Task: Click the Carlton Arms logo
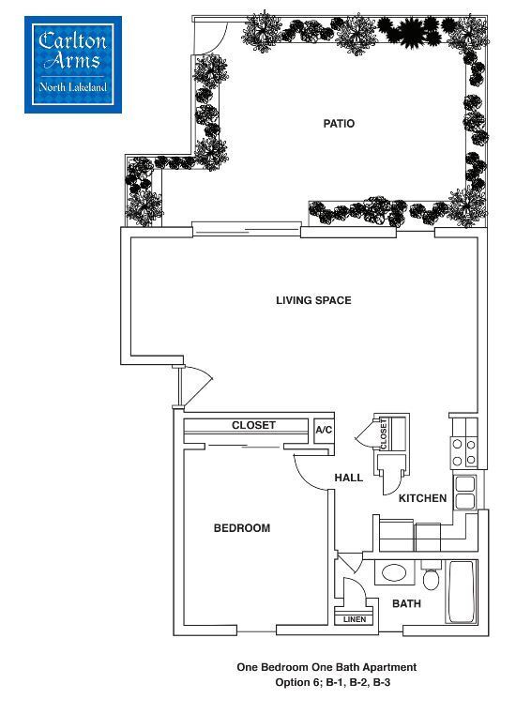[x=73, y=64]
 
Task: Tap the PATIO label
[x=339, y=124]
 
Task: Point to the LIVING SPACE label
[x=313, y=301]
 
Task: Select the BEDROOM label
[x=242, y=528]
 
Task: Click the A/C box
[x=324, y=430]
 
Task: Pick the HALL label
[x=349, y=479]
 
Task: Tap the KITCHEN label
[x=422, y=498]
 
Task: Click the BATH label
[x=406, y=603]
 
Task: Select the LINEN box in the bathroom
[x=354, y=619]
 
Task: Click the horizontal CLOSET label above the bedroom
[x=253, y=426]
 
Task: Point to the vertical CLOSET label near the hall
[x=384, y=433]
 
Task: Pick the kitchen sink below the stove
[x=463, y=493]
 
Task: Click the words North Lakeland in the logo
[x=73, y=88]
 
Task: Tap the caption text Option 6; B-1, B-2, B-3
[x=326, y=682]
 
